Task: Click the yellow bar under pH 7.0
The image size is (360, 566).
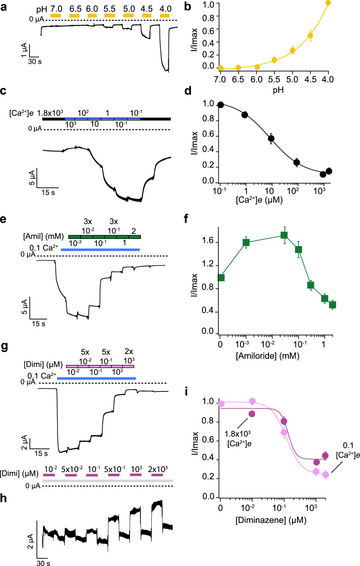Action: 55,15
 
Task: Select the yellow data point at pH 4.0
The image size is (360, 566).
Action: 328,3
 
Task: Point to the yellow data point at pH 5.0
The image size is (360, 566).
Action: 293,51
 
